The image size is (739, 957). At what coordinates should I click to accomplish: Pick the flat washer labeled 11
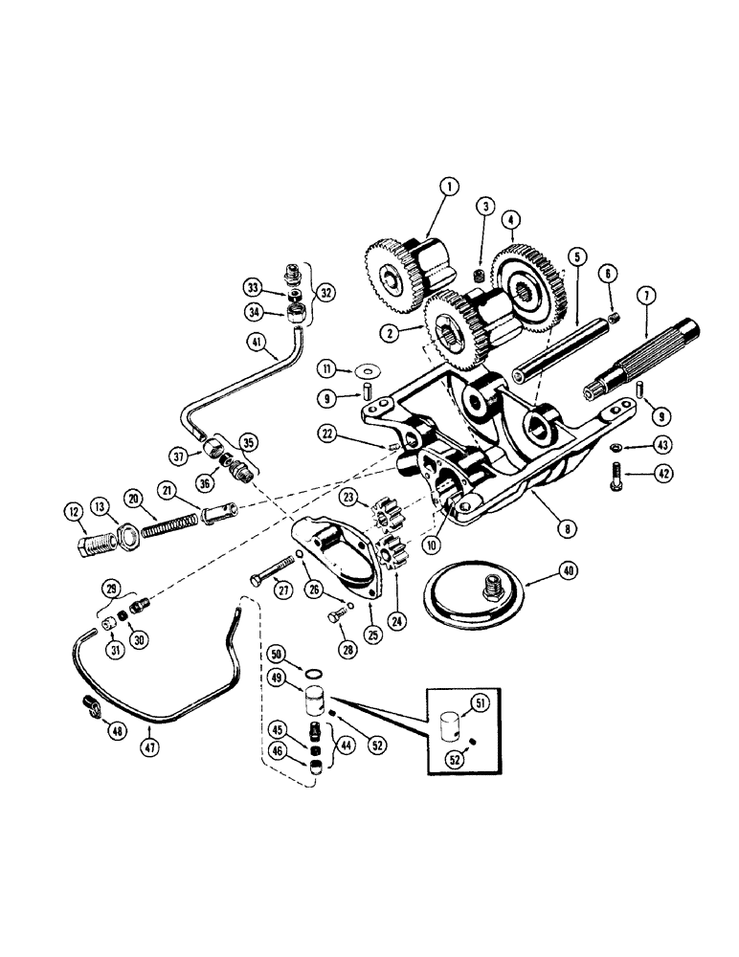tap(366, 368)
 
